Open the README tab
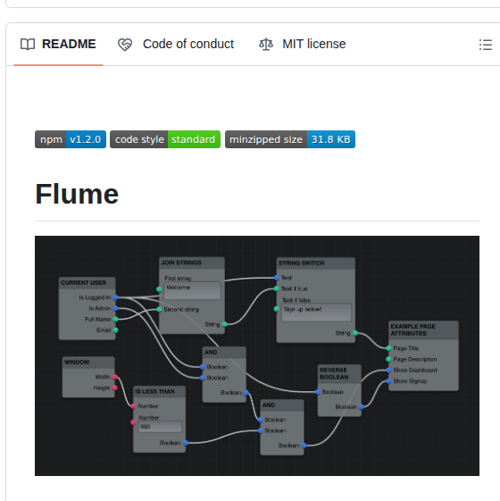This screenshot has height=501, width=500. point(59,44)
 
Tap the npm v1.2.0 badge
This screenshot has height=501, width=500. point(71,139)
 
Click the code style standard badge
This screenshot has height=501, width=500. point(164,139)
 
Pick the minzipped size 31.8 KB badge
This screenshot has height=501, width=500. point(289,139)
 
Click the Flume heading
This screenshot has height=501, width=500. point(77,193)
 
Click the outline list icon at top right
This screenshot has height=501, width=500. point(486,45)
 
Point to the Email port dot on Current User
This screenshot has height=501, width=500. point(116,330)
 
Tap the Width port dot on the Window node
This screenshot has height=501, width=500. point(115,378)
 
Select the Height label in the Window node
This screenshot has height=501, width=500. point(101,388)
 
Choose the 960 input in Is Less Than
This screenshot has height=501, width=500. point(159,427)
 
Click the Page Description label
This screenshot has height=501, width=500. point(415,359)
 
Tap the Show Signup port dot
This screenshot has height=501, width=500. point(389,381)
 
